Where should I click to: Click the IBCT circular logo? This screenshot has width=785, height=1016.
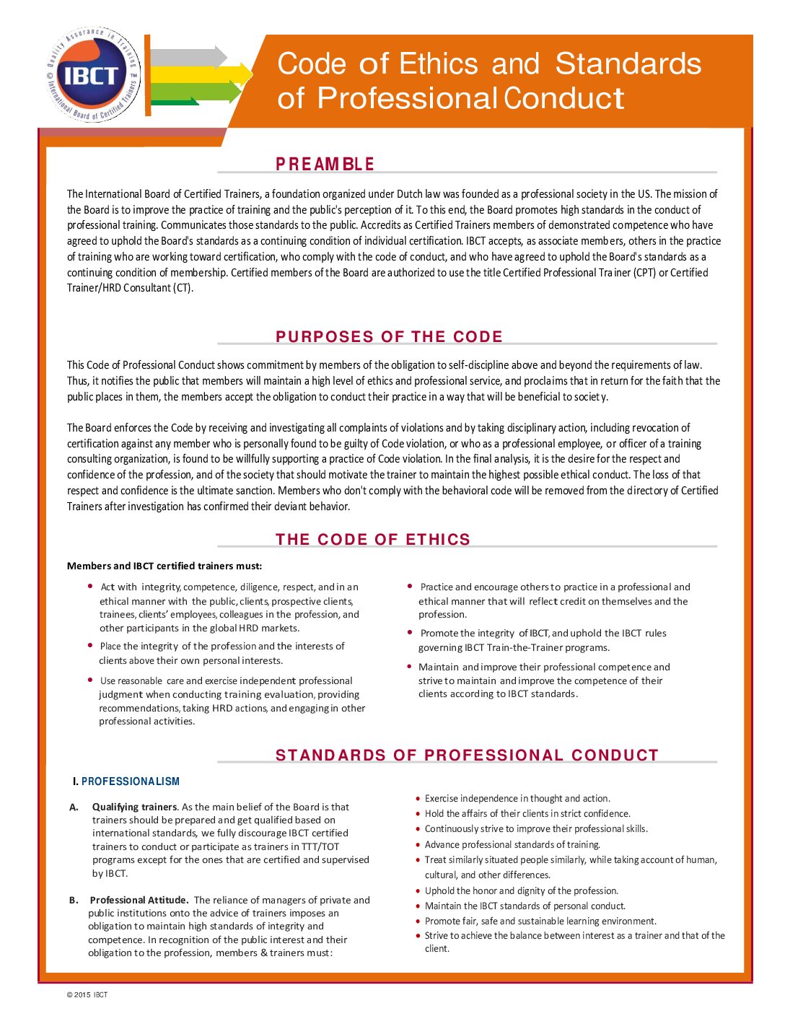pos(91,74)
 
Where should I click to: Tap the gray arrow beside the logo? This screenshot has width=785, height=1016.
pos(189,57)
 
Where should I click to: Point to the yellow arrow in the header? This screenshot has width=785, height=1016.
pos(201,74)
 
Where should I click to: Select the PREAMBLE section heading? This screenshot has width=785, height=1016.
pos(325,165)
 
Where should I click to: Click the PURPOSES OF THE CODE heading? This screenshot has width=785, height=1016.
pos(389,337)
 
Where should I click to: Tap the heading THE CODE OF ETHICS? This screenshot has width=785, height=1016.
pos(372,540)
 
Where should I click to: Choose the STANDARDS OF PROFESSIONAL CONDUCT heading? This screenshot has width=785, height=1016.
pos(467,756)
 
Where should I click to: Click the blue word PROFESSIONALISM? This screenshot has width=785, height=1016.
pos(131,781)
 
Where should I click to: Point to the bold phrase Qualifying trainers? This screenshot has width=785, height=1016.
pos(134,807)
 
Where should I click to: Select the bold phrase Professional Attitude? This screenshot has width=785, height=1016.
pos(139,900)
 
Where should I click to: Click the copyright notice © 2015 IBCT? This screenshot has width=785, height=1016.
pos(87,995)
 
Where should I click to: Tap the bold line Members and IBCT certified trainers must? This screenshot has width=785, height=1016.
pos(165,566)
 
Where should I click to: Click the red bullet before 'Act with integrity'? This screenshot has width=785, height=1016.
pos(90,587)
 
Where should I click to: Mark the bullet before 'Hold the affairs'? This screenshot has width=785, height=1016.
pos(418,814)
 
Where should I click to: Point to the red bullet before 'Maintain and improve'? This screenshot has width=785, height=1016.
pos(410,667)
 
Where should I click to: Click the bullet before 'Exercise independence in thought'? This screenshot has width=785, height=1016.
pos(418,799)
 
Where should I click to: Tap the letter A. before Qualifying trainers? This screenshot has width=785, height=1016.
pos(74,807)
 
